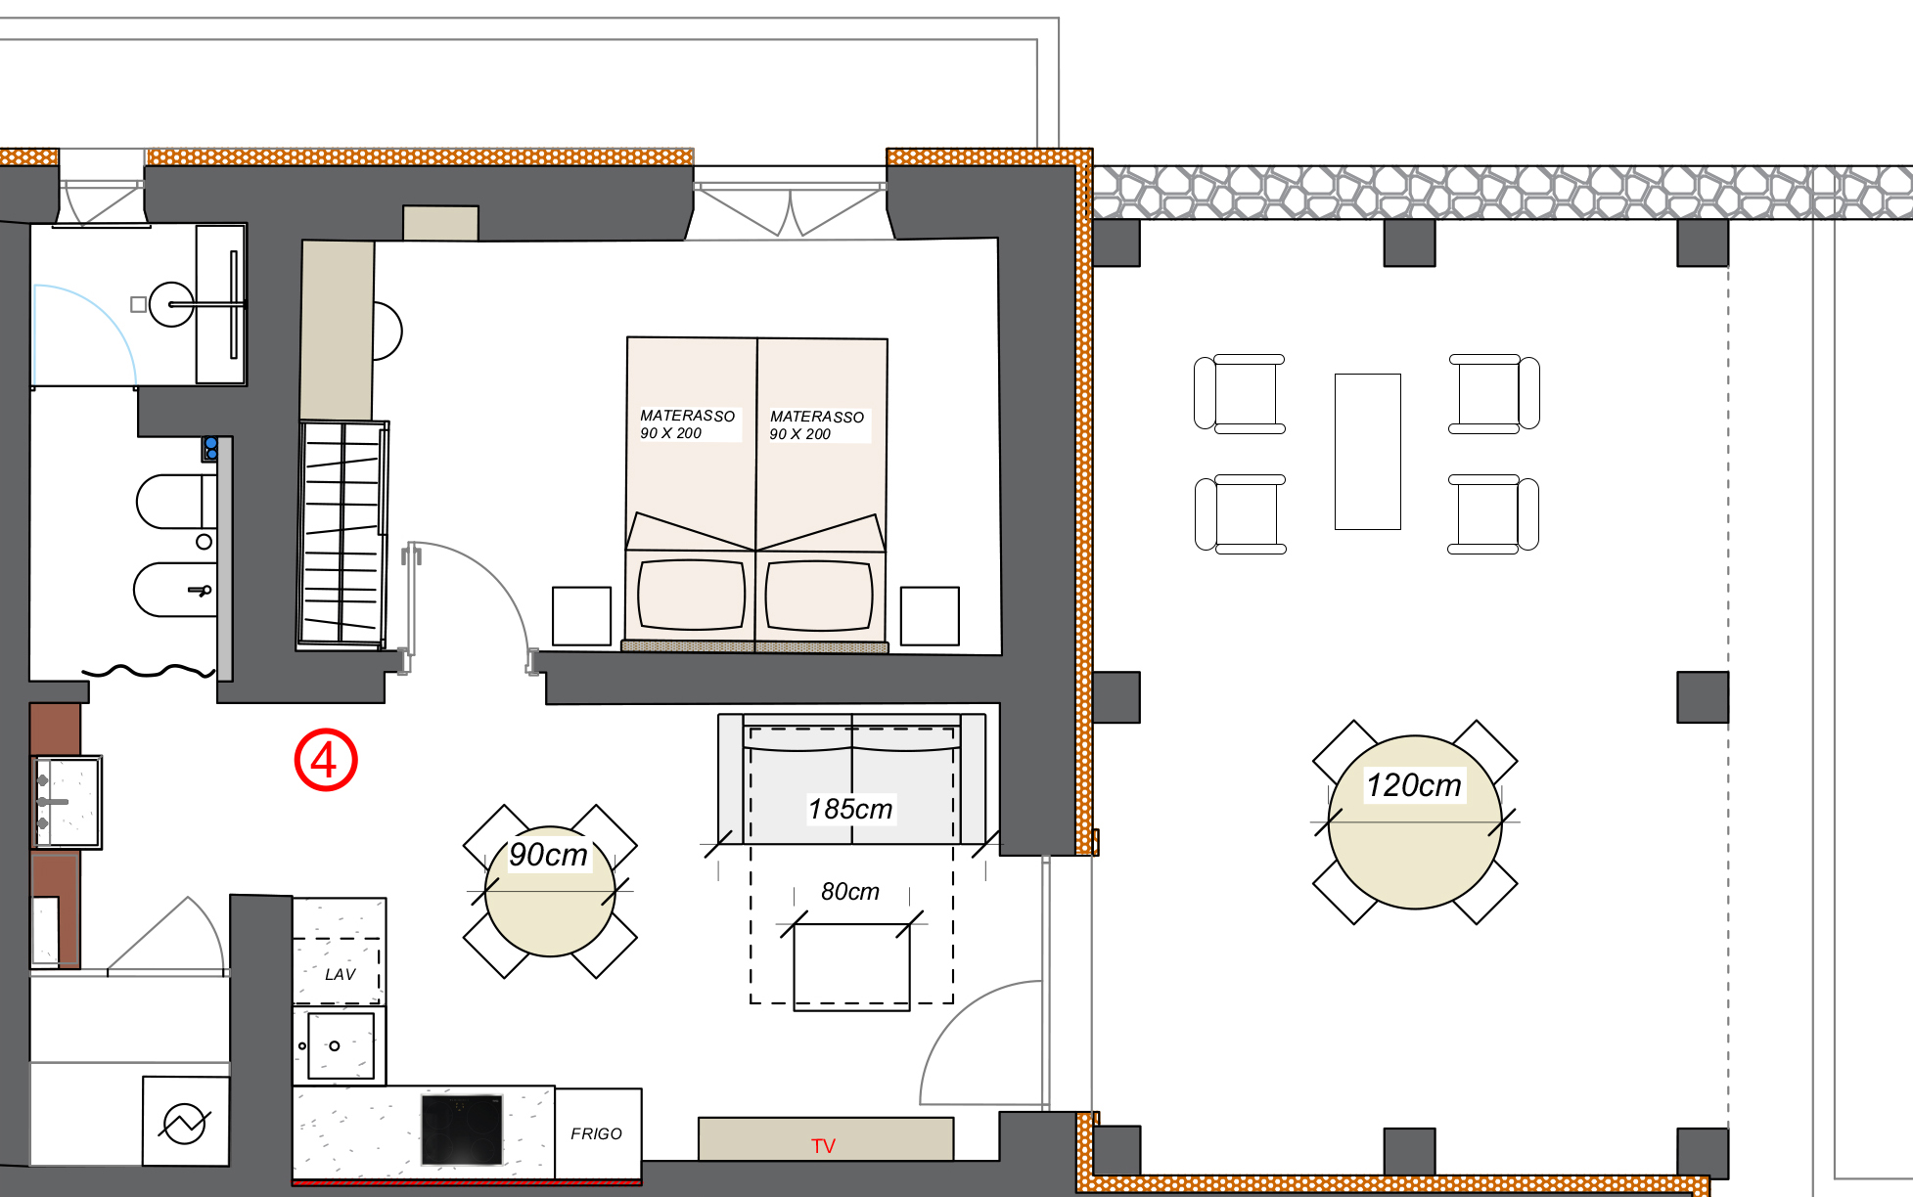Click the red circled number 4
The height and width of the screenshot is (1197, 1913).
tap(326, 760)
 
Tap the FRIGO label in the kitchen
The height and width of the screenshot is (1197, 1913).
tap(596, 1133)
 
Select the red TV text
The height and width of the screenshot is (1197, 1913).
tap(823, 1146)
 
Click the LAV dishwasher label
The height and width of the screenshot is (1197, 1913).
tap(340, 974)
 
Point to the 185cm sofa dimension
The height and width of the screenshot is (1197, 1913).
tap(850, 809)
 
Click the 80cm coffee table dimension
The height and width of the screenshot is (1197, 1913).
tap(849, 891)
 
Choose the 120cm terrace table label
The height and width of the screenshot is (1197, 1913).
tap(1413, 784)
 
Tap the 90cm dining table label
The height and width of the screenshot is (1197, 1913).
tap(548, 854)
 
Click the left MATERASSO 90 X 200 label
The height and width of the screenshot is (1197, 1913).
tap(687, 424)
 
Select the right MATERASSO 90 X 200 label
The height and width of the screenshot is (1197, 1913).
tap(817, 425)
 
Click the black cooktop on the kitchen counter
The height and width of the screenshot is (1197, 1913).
tap(462, 1130)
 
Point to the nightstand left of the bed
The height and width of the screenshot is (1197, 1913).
tap(581, 616)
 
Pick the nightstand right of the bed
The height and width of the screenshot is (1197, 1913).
tap(930, 616)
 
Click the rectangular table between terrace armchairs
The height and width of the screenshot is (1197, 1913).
tap(1368, 452)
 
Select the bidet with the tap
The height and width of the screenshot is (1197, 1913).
tap(174, 590)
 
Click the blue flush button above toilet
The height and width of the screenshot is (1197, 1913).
tap(210, 449)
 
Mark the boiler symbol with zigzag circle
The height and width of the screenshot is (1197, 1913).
tap(185, 1123)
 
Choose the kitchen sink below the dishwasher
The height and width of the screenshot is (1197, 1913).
tap(339, 1045)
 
